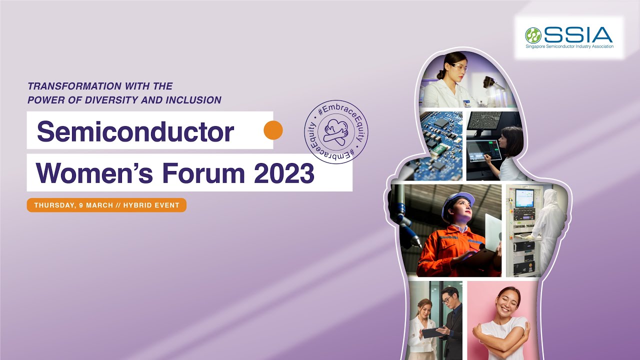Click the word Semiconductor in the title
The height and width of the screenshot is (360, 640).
point(135,131)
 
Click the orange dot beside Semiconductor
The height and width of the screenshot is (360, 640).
point(273,130)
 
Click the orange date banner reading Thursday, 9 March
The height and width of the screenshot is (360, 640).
point(106,205)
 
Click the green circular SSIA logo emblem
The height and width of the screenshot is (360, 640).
point(533,35)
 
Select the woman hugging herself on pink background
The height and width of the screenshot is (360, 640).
point(502,320)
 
